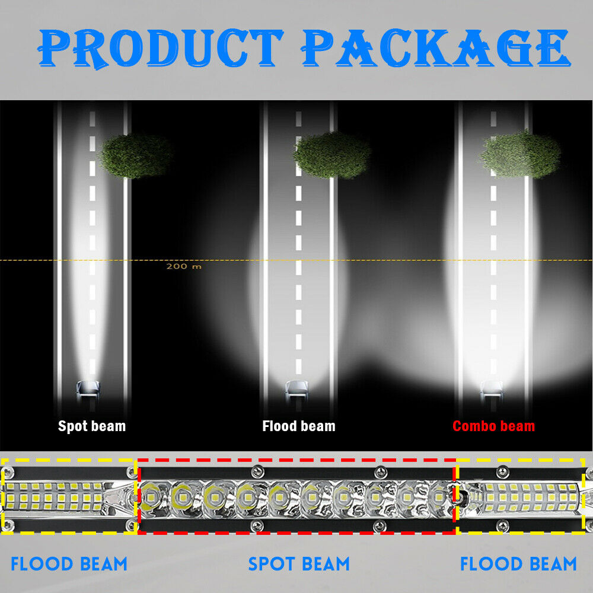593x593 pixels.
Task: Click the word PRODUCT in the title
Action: [x=160, y=49]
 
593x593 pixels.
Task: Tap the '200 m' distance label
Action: [x=184, y=266]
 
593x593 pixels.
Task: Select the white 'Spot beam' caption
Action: [x=92, y=426]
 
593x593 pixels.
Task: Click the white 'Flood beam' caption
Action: [x=299, y=426]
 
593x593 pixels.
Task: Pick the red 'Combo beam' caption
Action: [x=493, y=426]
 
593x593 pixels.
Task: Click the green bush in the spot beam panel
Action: [x=136, y=156]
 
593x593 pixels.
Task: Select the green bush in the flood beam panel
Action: [x=332, y=155]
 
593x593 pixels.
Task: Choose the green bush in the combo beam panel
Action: [x=521, y=154]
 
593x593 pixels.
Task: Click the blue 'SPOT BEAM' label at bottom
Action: [x=299, y=564]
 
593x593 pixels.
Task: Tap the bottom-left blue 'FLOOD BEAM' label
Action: [x=69, y=564]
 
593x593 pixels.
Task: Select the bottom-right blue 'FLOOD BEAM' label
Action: [x=518, y=564]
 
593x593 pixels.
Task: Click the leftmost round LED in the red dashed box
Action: [x=151, y=497]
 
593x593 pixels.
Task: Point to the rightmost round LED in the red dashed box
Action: [x=439, y=497]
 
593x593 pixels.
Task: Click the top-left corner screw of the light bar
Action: [x=8, y=472]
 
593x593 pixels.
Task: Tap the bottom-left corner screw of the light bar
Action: [x=8, y=525]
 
